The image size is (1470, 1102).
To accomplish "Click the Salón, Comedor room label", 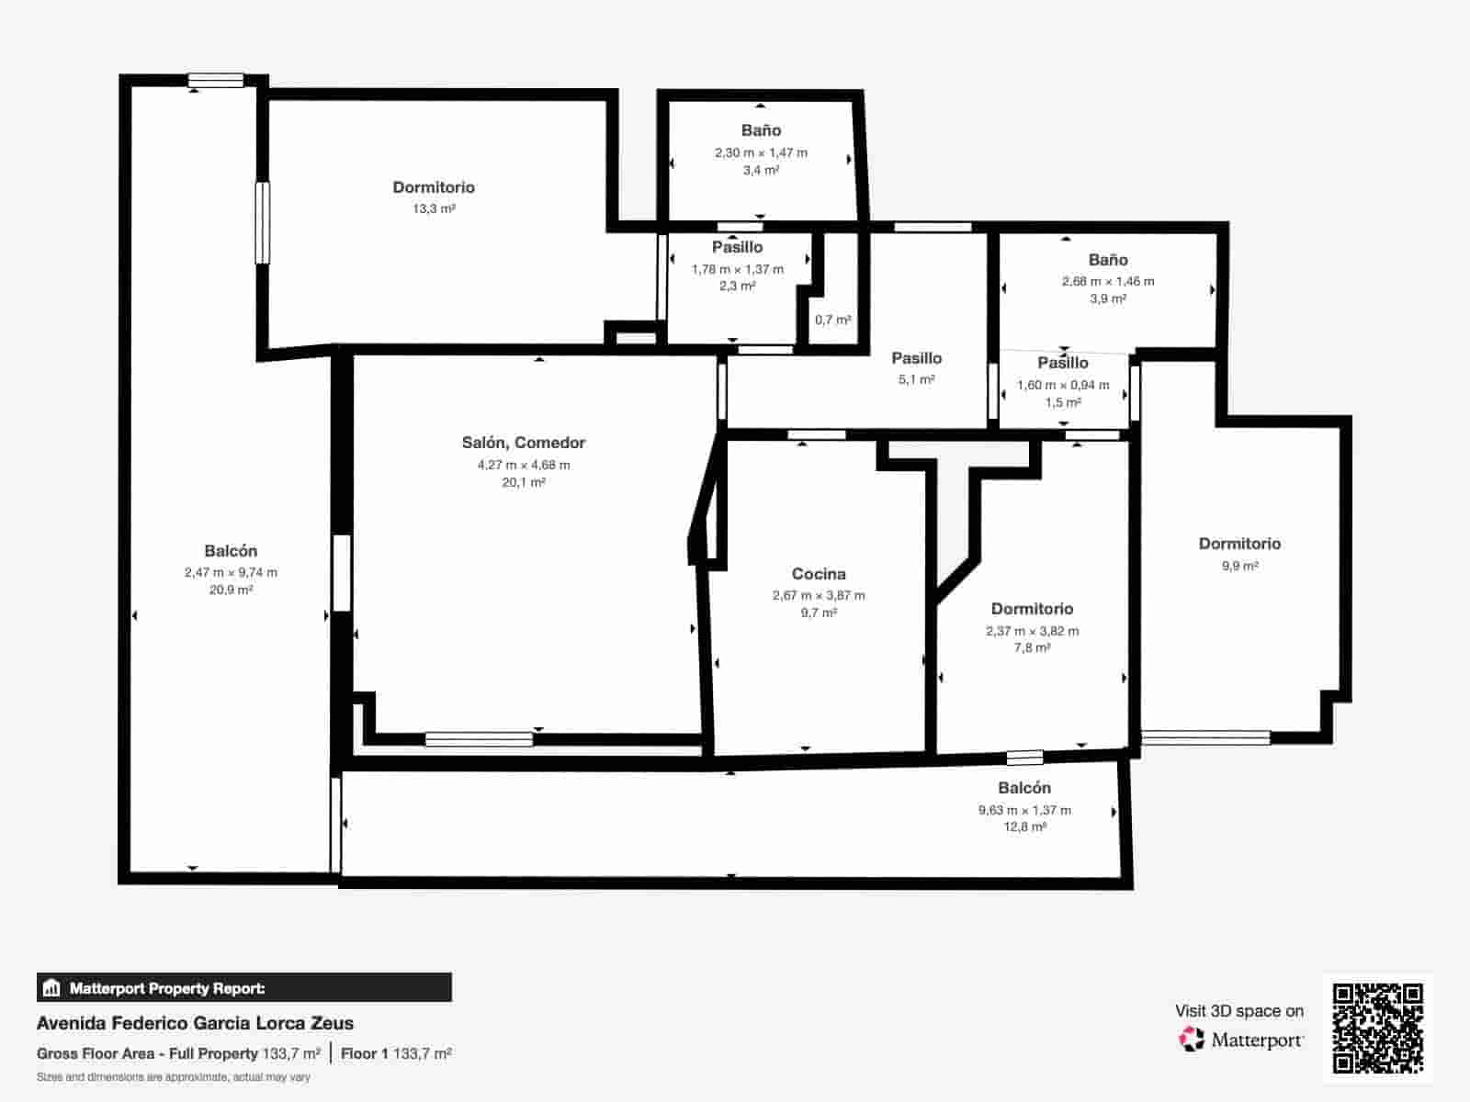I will click(x=523, y=443).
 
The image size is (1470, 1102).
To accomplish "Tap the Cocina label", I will click(x=818, y=574).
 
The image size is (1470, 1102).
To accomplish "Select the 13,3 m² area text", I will click(x=434, y=209).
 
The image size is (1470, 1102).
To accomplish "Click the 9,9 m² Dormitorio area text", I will click(x=1239, y=566).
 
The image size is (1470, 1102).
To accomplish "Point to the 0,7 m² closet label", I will click(x=832, y=320).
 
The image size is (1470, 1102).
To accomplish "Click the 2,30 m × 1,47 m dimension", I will click(x=761, y=152).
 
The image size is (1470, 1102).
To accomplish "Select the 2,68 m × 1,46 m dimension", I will click(x=1108, y=281).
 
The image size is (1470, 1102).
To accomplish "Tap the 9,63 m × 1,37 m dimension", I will click(x=1024, y=810).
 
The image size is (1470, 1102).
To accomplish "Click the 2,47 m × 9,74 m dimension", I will click(x=231, y=572).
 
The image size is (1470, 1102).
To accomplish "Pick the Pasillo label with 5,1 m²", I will click(x=916, y=358).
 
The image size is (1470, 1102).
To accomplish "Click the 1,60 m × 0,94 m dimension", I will click(x=1063, y=385).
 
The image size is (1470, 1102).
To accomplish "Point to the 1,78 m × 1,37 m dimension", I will click(x=737, y=269).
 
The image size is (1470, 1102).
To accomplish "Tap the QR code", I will click(x=1377, y=1029).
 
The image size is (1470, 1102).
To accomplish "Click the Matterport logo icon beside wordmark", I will click(x=1192, y=1040).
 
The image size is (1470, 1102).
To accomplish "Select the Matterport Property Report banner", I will click(x=244, y=988).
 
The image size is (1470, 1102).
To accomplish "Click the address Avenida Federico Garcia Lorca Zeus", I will click(x=195, y=1023).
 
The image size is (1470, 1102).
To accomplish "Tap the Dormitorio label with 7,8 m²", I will click(x=1032, y=609).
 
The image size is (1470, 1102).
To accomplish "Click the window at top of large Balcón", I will click(x=216, y=81).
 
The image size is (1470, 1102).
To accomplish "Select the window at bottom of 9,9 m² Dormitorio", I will click(x=1205, y=737).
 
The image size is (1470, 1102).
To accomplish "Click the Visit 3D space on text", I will click(x=1238, y=1011).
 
